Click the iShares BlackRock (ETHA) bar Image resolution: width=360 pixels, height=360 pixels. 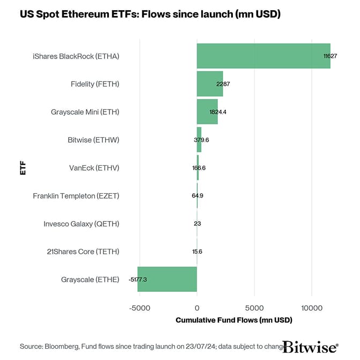(263, 56)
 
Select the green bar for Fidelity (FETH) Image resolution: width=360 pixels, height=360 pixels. (209, 84)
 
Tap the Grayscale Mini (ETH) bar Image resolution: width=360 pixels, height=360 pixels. (207, 112)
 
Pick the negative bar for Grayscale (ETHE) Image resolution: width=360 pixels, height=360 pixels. (167, 279)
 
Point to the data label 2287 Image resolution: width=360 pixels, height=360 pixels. (223, 84)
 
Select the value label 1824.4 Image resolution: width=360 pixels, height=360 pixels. (218, 112)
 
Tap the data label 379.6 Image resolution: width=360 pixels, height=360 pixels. (201, 140)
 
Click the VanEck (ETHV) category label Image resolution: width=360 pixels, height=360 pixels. (94, 168)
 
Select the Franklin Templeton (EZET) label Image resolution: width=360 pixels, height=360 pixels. (76, 196)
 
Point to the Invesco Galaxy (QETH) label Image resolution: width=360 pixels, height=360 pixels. (81, 224)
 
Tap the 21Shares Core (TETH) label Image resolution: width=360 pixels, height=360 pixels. (83, 252)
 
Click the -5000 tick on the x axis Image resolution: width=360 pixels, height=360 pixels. (139, 308)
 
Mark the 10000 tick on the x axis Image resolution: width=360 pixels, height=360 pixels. (312, 308)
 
